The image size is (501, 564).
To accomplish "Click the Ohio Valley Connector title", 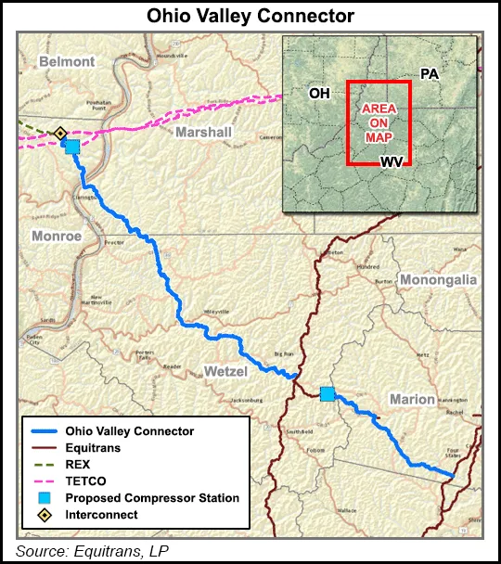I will pyautogui.click(x=250, y=16).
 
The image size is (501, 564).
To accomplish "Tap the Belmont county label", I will pyautogui.click(x=66, y=61).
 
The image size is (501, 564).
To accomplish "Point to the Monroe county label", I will pyautogui.click(x=57, y=236).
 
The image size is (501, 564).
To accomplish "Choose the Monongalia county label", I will pyautogui.click(x=437, y=279).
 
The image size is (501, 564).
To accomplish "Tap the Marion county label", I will pyautogui.click(x=412, y=399).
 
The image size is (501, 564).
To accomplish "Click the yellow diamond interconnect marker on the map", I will pyautogui.click(x=60, y=135).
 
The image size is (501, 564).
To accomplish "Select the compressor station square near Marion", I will pyautogui.click(x=327, y=394).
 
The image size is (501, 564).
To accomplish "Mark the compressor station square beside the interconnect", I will pyautogui.click(x=71, y=147).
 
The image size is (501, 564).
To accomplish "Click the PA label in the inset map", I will pyautogui.click(x=429, y=73).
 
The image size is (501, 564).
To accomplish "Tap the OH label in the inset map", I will pyautogui.click(x=319, y=94).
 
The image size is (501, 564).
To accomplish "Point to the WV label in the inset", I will pyautogui.click(x=392, y=161).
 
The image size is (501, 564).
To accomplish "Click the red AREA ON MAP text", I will pyautogui.click(x=379, y=122).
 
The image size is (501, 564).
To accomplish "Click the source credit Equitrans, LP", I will pyautogui.click(x=92, y=550).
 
